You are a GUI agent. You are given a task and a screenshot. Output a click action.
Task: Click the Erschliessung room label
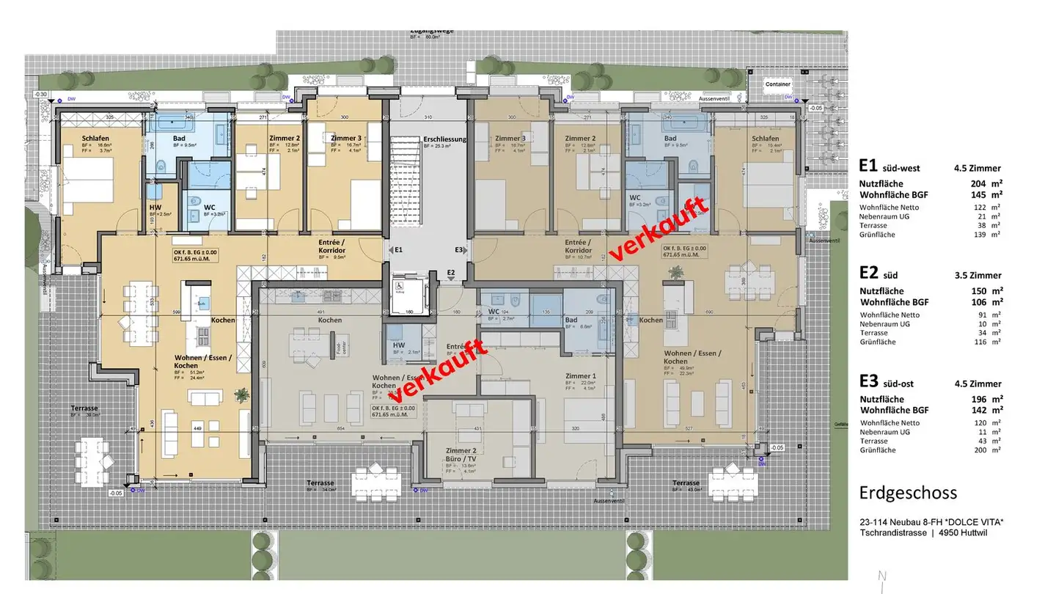pyautogui.click(x=445, y=139)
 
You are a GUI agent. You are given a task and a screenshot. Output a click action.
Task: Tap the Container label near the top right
pyautogui.click(x=778, y=84)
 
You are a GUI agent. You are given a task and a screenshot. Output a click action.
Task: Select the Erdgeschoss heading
pyautogui.click(x=908, y=492)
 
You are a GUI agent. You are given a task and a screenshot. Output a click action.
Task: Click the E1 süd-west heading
pyautogui.click(x=889, y=167)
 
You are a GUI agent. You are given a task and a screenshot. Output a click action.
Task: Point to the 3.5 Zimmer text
pyautogui.click(x=978, y=276)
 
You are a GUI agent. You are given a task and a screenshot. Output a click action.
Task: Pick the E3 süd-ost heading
pyautogui.click(x=890, y=383)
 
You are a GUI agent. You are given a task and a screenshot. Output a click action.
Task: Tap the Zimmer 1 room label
pyautogui.click(x=579, y=375)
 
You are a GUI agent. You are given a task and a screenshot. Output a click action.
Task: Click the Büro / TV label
pyautogui.click(x=461, y=458)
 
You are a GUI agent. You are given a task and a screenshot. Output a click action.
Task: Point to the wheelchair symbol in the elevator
pyautogui.click(x=400, y=288)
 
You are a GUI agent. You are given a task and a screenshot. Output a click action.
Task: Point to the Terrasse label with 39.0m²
pyautogui.click(x=84, y=408)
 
